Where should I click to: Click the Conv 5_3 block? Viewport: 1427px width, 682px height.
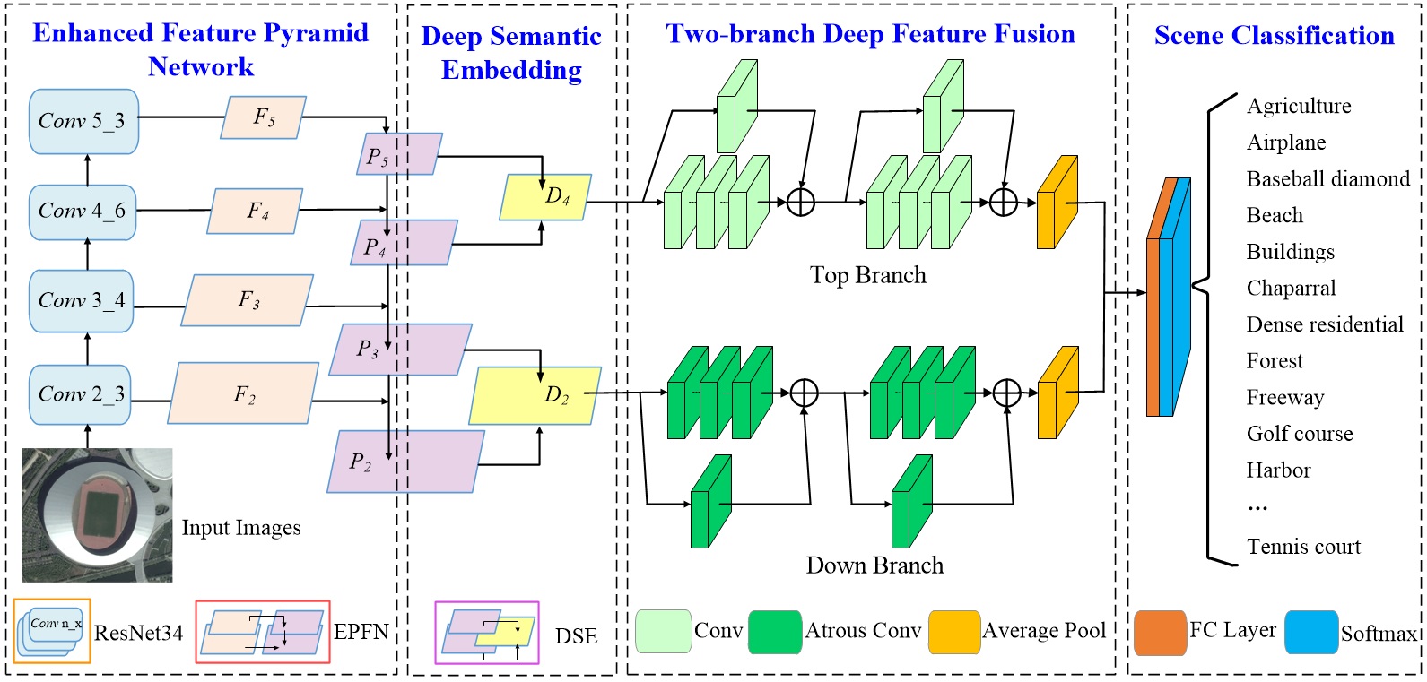(83, 121)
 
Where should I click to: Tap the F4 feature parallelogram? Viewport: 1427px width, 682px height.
(256, 212)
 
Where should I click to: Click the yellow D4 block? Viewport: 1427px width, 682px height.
(546, 197)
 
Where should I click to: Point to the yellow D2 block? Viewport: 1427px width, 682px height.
(536, 395)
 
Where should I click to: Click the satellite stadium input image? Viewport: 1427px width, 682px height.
(97, 515)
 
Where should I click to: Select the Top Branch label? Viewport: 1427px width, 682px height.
(867, 275)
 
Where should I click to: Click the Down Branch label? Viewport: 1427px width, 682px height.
(874, 565)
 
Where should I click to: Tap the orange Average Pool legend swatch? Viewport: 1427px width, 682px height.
(954, 632)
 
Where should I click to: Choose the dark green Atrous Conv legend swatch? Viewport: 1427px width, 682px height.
(774, 632)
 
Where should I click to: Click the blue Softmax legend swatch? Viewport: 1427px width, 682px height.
(1310, 633)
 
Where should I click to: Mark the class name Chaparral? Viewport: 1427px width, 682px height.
(1291, 289)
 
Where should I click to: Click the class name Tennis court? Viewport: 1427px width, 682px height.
(1303, 547)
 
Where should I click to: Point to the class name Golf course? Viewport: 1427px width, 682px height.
(1300, 434)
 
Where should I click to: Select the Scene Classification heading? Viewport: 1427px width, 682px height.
(1274, 36)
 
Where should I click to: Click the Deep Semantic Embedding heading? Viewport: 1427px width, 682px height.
(511, 53)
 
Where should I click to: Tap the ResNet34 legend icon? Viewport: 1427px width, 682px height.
(52, 631)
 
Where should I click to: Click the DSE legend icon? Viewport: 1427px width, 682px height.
(487, 633)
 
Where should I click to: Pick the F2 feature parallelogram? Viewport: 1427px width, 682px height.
(244, 394)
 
